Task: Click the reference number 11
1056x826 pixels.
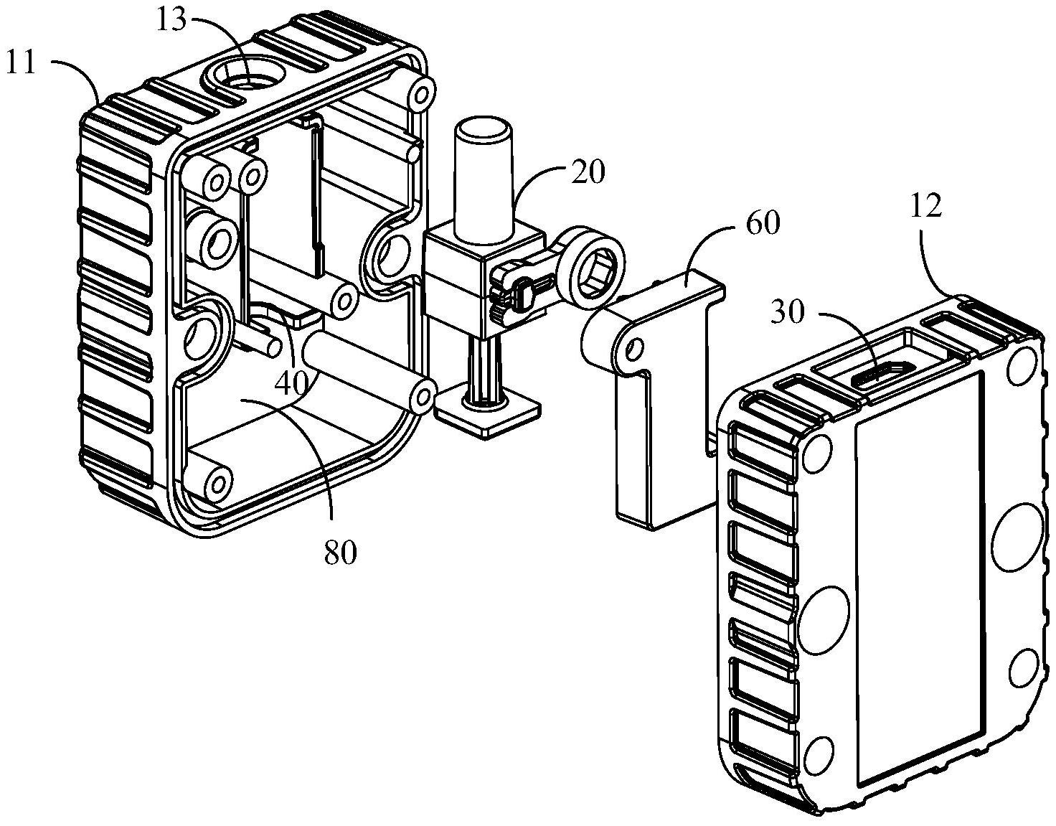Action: point(21,63)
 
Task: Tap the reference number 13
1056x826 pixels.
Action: point(171,21)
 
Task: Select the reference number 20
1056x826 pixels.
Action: point(588,172)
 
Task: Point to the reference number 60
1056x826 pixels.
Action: point(762,223)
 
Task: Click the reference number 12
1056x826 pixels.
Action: point(925,206)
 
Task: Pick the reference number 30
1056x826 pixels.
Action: point(788,313)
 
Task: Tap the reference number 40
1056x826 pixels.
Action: point(291,385)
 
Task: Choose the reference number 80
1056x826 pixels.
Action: point(340,553)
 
